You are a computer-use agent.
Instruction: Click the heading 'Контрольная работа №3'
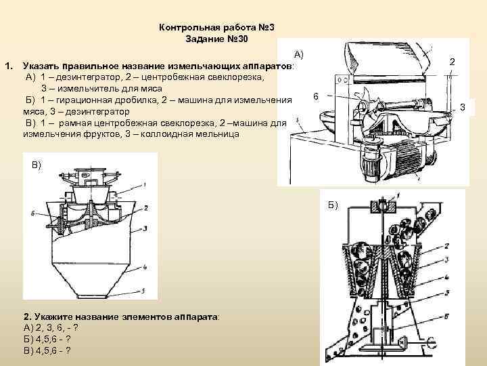[x=216, y=27]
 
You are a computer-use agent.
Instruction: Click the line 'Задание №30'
[x=216, y=39]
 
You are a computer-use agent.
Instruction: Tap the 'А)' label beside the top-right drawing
[x=299, y=54]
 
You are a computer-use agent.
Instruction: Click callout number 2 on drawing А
[x=453, y=63]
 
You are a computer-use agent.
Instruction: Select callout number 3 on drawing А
[x=463, y=106]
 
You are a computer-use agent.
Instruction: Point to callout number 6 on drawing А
[x=316, y=97]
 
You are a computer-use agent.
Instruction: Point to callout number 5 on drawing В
[x=144, y=289]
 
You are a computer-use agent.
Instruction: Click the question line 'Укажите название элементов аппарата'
[x=122, y=317]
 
